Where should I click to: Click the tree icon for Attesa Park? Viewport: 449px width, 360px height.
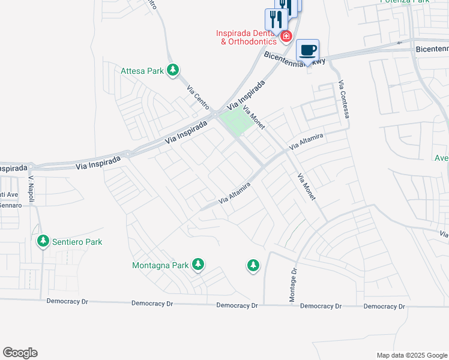tap(173, 71)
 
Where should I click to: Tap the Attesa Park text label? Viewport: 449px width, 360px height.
tap(142, 71)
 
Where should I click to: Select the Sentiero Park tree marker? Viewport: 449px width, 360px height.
tap(43, 242)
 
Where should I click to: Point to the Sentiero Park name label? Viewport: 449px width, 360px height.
tap(77, 242)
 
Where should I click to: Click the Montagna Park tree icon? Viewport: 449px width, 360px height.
tap(198, 265)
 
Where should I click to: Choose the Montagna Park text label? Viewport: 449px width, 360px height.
tap(160, 265)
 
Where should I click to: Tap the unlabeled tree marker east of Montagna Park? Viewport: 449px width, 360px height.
tap(253, 265)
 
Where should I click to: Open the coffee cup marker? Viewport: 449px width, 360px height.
tap(308, 50)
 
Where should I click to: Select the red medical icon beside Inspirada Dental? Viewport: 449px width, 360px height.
tap(286, 37)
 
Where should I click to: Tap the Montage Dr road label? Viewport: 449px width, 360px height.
tap(294, 286)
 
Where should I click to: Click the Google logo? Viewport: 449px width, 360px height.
tap(20, 353)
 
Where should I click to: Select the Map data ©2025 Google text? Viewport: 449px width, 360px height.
tap(411, 355)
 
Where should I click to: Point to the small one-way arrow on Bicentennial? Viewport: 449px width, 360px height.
tap(400, 43)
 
